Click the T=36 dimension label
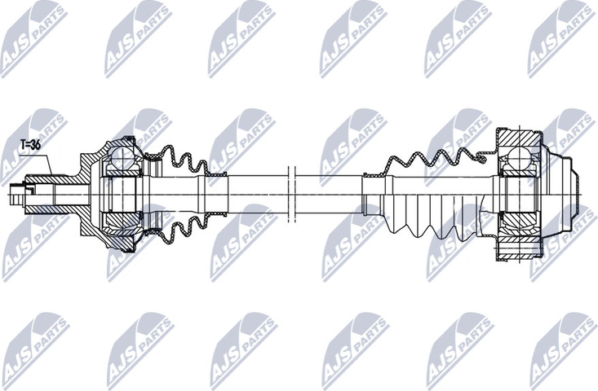(x=30, y=144)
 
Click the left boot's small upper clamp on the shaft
(x=214, y=174)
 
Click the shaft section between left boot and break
(x=253, y=194)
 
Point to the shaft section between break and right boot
(x=326, y=194)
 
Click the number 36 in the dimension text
(x=36, y=144)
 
